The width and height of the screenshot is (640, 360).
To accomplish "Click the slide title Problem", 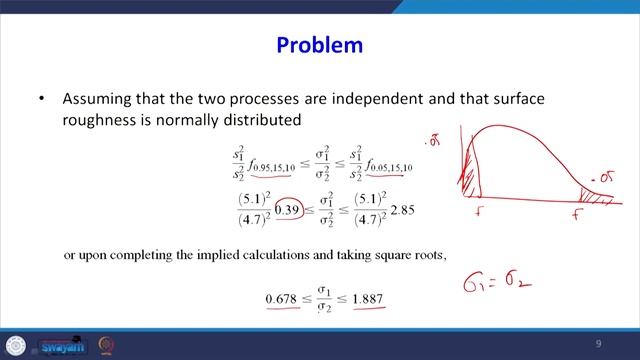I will [319, 46].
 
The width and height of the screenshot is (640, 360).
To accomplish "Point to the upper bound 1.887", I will [366, 299].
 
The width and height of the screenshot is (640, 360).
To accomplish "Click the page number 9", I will [597, 344].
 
